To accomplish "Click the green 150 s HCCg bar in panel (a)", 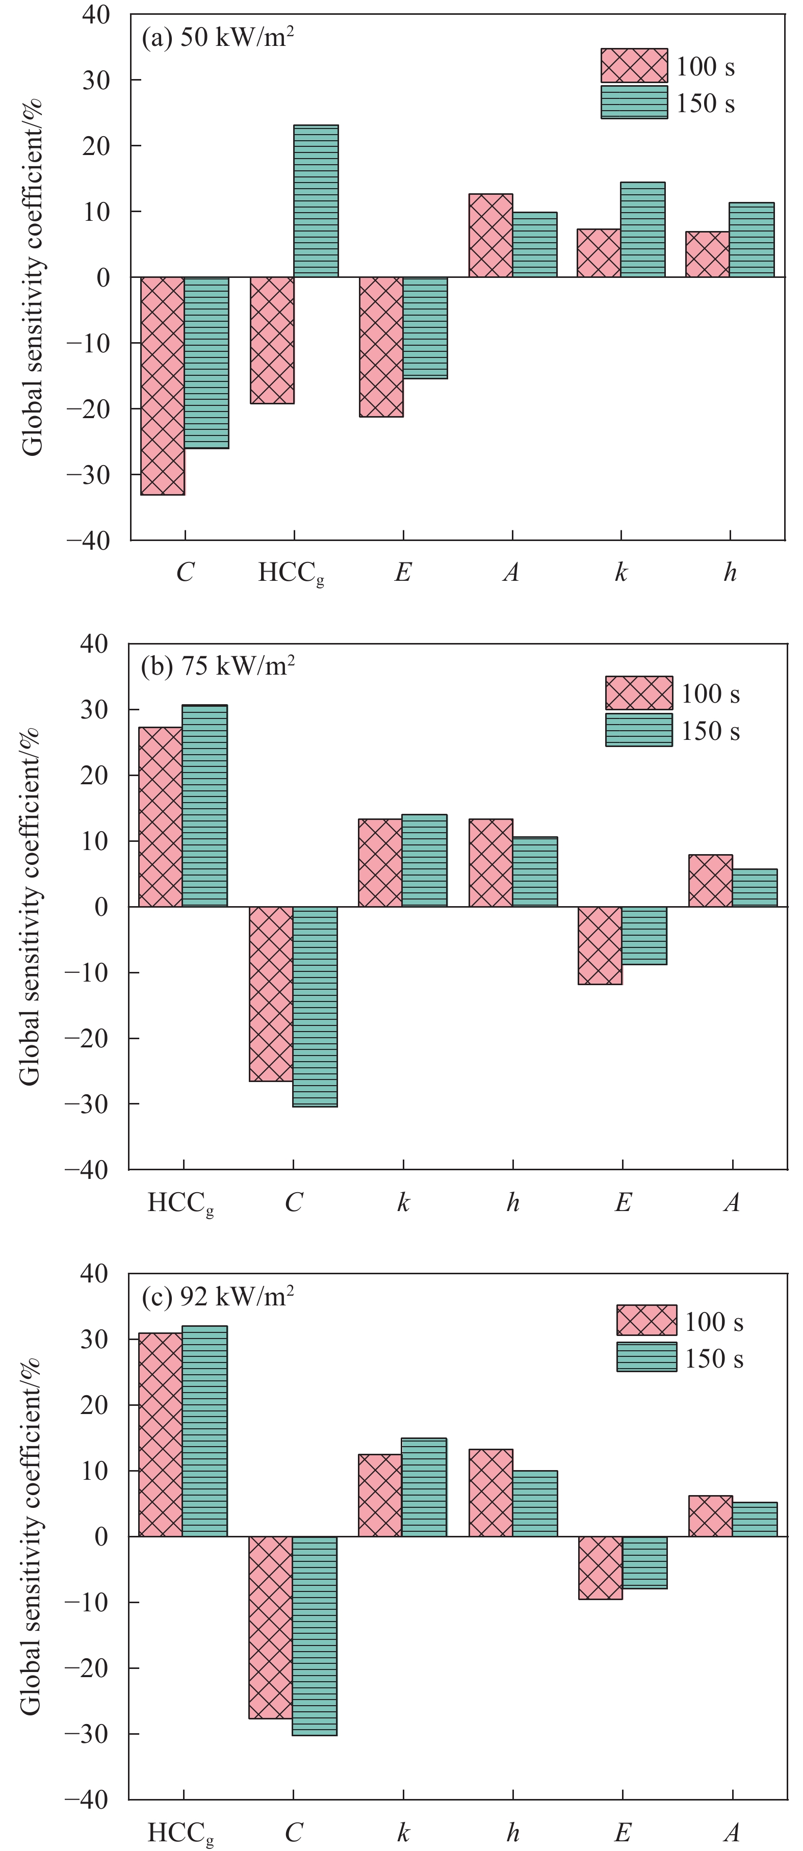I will pos(316,201).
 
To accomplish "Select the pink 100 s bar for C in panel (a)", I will pos(163,386).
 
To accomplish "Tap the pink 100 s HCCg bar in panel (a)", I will pos(272,340).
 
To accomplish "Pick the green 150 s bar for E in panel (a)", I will pos(425,328).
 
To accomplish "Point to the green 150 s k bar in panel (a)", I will pos(643,230).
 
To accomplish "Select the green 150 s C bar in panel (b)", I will pos(315,1007).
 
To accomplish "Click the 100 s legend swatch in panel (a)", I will pos(634,65).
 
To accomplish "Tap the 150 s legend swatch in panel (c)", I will pos(646,1357).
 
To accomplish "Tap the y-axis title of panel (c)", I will pos(30,1538).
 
